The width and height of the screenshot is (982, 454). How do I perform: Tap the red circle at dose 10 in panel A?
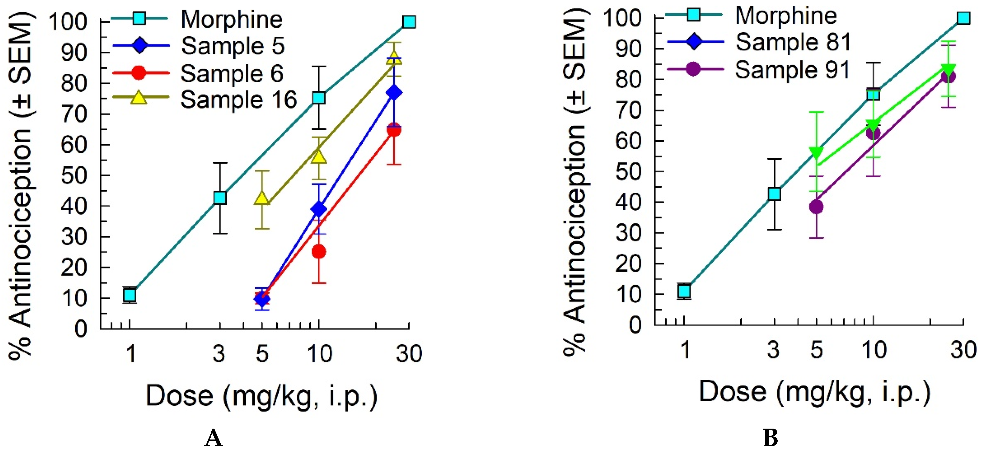pos(319,251)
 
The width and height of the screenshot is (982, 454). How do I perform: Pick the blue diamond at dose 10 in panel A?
pos(319,209)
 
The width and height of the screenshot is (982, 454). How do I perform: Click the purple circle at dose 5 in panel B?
pos(816,207)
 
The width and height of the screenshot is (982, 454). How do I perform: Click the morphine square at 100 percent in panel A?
pos(409,22)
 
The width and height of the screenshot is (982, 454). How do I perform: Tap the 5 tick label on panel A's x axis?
pos(262,353)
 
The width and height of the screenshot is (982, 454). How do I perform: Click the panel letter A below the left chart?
pos(213,438)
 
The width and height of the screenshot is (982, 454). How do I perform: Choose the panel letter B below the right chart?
pos(770,438)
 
